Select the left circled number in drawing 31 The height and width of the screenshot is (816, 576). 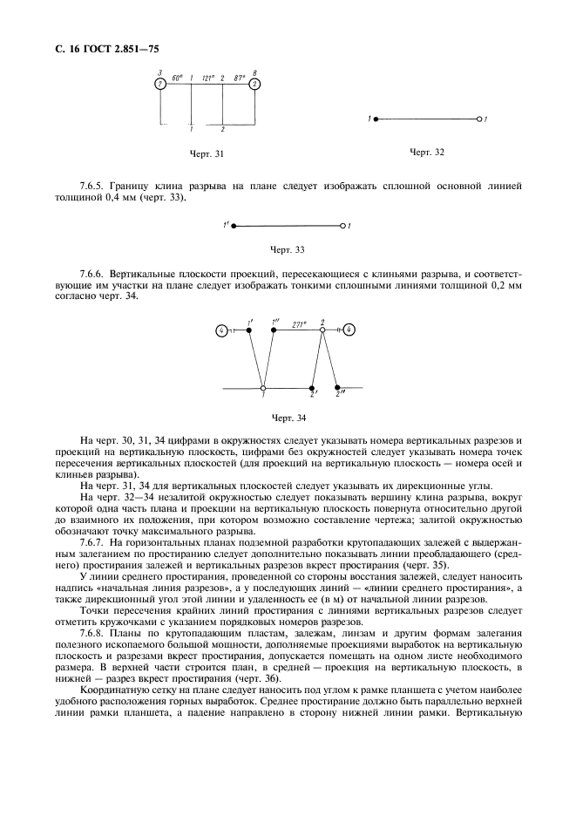[160, 85]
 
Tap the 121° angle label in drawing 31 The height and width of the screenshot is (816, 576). [207, 78]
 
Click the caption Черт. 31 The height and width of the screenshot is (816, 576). [207, 153]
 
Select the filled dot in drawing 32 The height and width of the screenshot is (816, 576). [376, 118]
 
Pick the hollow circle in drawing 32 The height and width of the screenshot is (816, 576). [478, 118]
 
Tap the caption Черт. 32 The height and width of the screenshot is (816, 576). [427, 152]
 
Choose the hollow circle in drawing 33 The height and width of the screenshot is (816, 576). [342, 226]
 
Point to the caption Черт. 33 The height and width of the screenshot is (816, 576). [288, 250]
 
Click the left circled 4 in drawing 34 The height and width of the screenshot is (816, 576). [222, 330]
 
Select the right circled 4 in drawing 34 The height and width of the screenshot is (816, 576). [349, 330]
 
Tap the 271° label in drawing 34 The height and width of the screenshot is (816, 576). [299, 323]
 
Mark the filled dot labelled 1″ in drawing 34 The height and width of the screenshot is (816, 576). [274, 330]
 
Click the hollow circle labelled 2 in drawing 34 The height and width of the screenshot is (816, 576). [322, 330]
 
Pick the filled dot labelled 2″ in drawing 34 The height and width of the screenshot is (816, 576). [338, 387]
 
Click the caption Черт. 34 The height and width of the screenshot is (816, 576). [288, 417]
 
